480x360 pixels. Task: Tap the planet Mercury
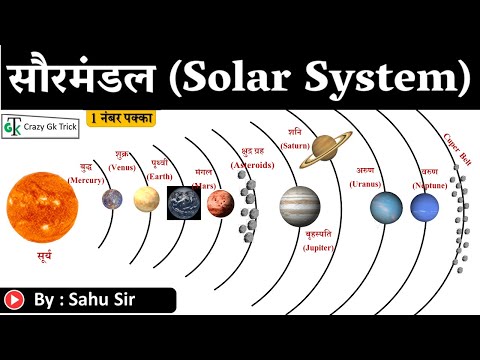click(110, 199)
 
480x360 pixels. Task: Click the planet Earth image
click(183, 203)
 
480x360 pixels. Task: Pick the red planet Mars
click(219, 203)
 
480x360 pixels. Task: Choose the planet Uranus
click(386, 207)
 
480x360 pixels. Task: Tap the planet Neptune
click(424, 208)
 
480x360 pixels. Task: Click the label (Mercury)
click(85, 180)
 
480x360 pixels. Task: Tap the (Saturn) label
click(294, 145)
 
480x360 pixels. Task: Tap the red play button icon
click(15, 299)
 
